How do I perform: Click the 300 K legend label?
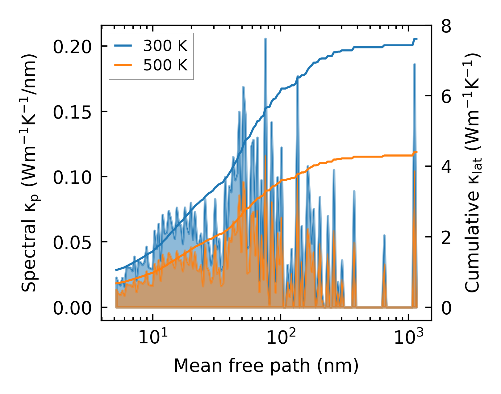point(165,46)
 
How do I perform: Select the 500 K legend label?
point(165,65)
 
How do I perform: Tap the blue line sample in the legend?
point(123,46)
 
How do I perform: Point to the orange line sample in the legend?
point(123,65)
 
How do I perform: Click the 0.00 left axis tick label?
point(72,308)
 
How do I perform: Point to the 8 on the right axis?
point(446,27)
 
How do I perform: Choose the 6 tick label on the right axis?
point(446,97)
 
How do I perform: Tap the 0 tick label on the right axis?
point(446,308)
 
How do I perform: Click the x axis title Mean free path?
point(266,366)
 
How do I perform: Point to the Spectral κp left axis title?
point(30,173)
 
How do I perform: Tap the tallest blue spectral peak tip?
point(265,39)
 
